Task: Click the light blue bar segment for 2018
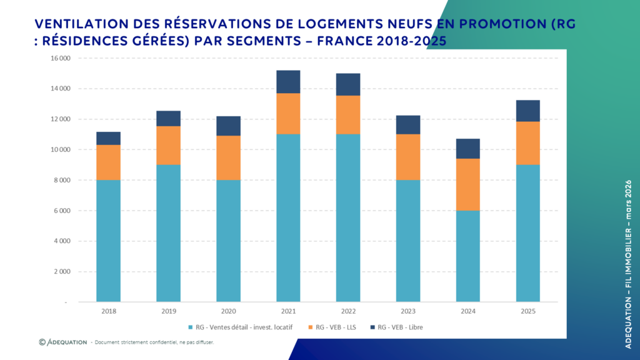108,241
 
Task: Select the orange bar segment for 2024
468,184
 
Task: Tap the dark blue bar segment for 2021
288,82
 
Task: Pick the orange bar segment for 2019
168,145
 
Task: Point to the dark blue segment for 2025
528,111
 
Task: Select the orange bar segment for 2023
408,157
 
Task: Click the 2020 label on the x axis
228,311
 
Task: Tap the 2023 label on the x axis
408,311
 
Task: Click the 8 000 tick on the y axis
61,181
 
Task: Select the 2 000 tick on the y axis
61,272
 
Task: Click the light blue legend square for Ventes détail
190,327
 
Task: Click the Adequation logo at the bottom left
62,342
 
